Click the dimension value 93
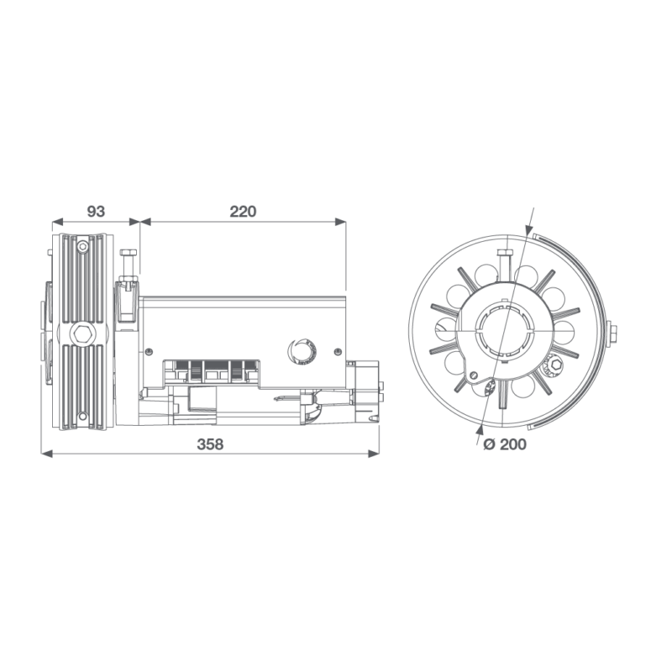click(94, 211)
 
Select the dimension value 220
click(243, 211)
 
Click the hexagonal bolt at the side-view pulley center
click(81, 333)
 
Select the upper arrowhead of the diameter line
click(527, 230)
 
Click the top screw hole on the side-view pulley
click(81, 247)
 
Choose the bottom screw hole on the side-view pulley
click(81, 417)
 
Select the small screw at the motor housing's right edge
click(338, 350)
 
